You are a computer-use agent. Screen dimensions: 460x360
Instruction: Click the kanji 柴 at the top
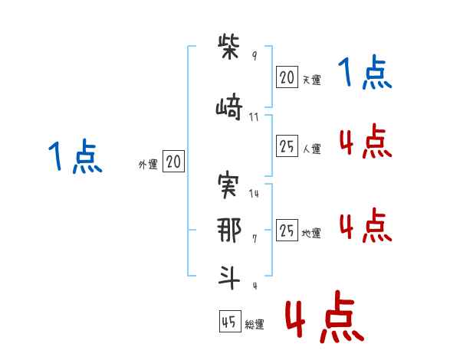[228, 47]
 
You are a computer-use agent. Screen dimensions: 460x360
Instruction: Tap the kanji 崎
[229, 106]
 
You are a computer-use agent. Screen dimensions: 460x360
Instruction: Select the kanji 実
[228, 185]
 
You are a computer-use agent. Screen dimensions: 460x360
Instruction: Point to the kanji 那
[229, 230]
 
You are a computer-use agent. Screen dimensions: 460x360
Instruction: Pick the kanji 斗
[229, 277]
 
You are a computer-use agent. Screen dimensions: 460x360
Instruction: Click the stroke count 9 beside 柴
[255, 55]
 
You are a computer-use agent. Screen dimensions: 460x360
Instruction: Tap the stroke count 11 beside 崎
[254, 117]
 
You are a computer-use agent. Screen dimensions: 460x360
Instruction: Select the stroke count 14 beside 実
[254, 194]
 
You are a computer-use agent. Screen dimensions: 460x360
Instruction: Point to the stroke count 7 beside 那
[255, 239]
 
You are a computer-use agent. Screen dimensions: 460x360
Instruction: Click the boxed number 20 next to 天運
[287, 77]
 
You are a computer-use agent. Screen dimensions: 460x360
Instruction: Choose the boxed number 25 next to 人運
[287, 146]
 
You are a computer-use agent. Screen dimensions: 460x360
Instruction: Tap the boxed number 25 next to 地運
[287, 230]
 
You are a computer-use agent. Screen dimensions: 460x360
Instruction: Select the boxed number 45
[230, 321]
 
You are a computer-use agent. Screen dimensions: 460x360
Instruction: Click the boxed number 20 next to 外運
[174, 162]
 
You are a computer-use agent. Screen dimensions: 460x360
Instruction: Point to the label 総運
[255, 325]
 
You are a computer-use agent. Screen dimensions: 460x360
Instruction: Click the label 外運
[148, 165]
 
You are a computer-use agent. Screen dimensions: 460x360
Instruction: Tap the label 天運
[312, 80]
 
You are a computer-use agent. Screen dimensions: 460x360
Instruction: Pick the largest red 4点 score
[325, 316]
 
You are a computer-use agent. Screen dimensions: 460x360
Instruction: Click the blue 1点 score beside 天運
[365, 72]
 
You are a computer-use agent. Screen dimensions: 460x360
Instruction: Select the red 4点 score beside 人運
[366, 141]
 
